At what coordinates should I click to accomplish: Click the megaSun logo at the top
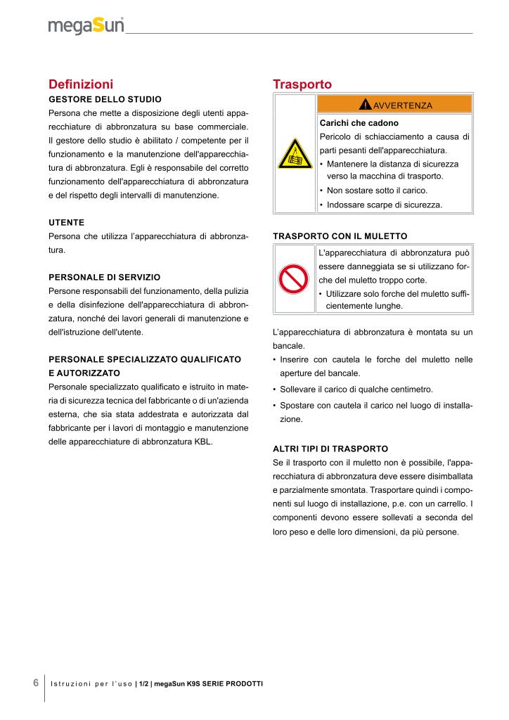[x=86, y=26]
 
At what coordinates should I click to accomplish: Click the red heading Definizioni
[x=81, y=84]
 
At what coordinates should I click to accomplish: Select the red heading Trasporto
[x=302, y=84]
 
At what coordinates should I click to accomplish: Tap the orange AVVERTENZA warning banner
[x=395, y=105]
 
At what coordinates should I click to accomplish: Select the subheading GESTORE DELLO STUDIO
[x=105, y=99]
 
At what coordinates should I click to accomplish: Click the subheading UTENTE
[x=66, y=222]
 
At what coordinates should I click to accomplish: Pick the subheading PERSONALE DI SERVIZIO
[x=104, y=277]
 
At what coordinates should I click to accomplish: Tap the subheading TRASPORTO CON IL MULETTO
[x=340, y=236]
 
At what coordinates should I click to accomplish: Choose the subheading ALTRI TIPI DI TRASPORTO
[x=330, y=448]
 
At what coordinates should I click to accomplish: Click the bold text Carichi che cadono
[x=359, y=123]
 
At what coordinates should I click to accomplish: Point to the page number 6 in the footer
[x=35, y=683]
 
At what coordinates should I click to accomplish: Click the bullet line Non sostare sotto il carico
[x=377, y=191]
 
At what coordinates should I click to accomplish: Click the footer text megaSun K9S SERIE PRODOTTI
[x=208, y=684]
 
